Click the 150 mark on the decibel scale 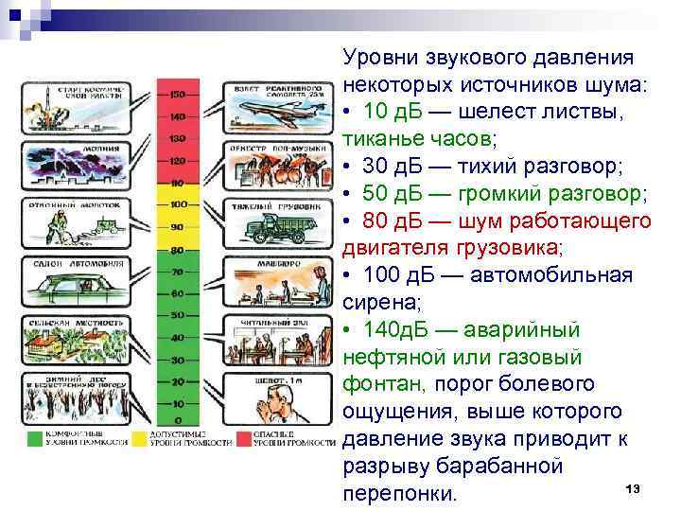point(178,95)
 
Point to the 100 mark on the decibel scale point(178,204)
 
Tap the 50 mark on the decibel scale point(178,314)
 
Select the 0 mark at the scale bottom point(178,420)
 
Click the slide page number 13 point(633,487)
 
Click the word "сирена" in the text point(375,303)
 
